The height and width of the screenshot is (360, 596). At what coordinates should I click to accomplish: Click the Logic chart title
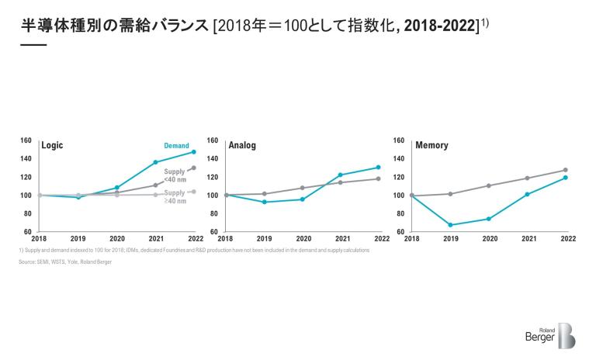pyautogui.click(x=52, y=145)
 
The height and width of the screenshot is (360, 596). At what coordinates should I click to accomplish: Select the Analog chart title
pyautogui.click(x=242, y=145)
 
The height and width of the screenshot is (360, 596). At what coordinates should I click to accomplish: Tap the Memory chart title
pyautogui.click(x=431, y=145)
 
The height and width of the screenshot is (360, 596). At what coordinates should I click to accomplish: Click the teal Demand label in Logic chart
pyautogui.click(x=176, y=145)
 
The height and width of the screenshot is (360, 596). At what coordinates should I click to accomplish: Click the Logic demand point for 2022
pyautogui.click(x=193, y=151)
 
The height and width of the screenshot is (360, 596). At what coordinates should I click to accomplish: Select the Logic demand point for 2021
pyautogui.click(x=155, y=162)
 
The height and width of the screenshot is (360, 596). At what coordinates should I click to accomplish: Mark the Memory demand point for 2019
pyautogui.click(x=451, y=225)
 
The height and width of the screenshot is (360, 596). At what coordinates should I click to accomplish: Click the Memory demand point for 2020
pyautogui.click(x=489, y=219)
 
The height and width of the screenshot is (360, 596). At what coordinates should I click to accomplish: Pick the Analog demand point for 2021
pyautogui.click(x=341, y=175)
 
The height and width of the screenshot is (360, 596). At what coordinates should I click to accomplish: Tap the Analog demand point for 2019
pyautogui.click(x=264, y=202)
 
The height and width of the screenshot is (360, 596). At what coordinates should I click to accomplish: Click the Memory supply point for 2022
pyautogui.click(x=565, y=170)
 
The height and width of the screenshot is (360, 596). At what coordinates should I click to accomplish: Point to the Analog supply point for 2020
pyautogui.click(x=303, y=188)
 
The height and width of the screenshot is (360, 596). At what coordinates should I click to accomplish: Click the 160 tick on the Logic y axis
pyautogui.click(x=26, y=140)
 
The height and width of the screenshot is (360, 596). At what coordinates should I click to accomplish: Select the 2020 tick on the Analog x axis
pyautogui.click(x=303, y=239)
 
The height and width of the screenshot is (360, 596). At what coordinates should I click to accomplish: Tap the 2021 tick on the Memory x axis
pyautogui.click(x=527, y=239)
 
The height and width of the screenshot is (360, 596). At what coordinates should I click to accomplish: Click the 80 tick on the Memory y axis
pyautogui.click(x=400, y=213)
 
